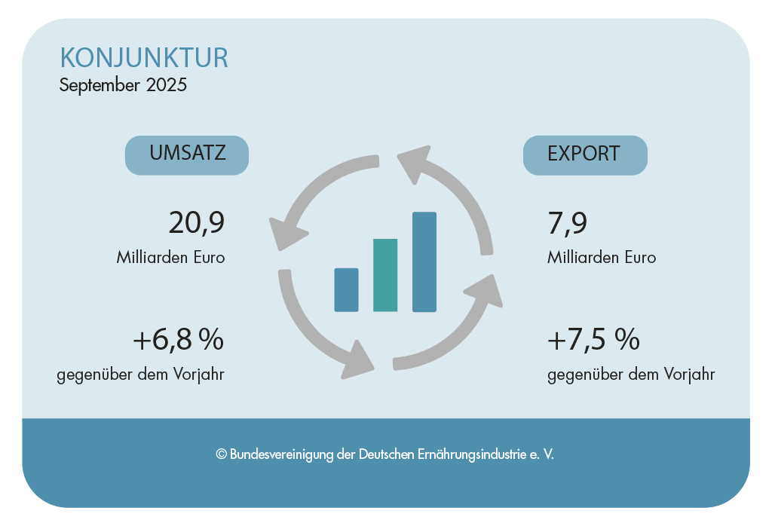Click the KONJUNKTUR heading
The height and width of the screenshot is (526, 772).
(x=143, y=58)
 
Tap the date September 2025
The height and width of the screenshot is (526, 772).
(x=123, y=85)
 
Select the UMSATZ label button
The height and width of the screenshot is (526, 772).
(x=187, y=154)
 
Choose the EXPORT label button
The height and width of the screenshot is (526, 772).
(x=584, y=154)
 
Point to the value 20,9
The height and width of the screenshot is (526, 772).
(x=197, y=223)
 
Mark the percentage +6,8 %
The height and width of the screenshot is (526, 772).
(x=179, y=341)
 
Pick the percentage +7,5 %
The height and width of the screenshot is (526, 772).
(x=593, y=341)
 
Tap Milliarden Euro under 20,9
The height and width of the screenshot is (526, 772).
(x=170, y=257)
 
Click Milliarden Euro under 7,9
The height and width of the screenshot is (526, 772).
(x=602, y=257)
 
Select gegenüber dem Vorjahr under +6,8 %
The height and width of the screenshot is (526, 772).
(x=140, y=374)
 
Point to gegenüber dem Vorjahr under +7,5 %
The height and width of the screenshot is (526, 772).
(x=631, y=374)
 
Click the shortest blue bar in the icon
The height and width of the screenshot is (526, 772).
(x=346, y=289)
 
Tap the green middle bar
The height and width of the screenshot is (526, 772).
(x=385, y=275)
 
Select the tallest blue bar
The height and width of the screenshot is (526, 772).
(x=424, y=261)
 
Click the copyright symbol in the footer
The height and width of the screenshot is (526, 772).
(x=222, y=455)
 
